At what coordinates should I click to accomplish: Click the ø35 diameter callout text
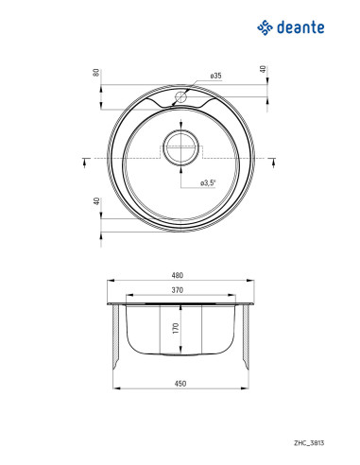[216, 76]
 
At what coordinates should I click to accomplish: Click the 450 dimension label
[179, 382]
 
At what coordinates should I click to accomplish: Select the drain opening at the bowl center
[180, 148]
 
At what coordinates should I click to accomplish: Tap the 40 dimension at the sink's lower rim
[96, 200]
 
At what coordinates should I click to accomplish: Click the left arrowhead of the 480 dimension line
[106, 280]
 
